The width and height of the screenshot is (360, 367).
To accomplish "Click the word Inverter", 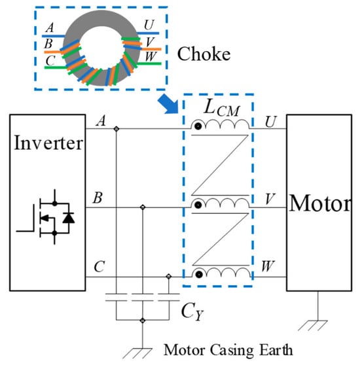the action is click(48, 143).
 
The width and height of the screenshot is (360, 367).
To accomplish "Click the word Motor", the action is click(321, 203).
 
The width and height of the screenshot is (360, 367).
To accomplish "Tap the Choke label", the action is click(204, 54).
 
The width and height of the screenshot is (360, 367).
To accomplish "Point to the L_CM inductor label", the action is click(222, 108).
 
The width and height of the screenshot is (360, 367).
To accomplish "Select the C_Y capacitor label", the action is click(192, 311).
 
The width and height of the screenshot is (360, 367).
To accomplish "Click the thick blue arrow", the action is click(168, 103).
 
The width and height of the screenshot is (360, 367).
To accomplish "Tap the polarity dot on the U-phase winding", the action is click(198, 126).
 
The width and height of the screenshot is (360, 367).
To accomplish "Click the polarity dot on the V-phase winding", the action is click(198, 205).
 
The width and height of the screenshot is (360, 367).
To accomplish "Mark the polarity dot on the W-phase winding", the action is click(199, 274).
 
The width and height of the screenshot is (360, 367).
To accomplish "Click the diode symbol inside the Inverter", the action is click(69, 218).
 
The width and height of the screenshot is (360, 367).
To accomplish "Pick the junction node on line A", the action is click(116, 129).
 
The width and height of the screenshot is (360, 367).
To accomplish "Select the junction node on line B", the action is click(143, 207).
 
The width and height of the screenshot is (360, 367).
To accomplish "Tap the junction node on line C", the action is click(169, 277).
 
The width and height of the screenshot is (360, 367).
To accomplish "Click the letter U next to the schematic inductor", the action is click(270, 122).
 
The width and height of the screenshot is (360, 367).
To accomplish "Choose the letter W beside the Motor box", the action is click(268, 266).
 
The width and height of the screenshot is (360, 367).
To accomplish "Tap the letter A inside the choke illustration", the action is click(50, 27).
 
